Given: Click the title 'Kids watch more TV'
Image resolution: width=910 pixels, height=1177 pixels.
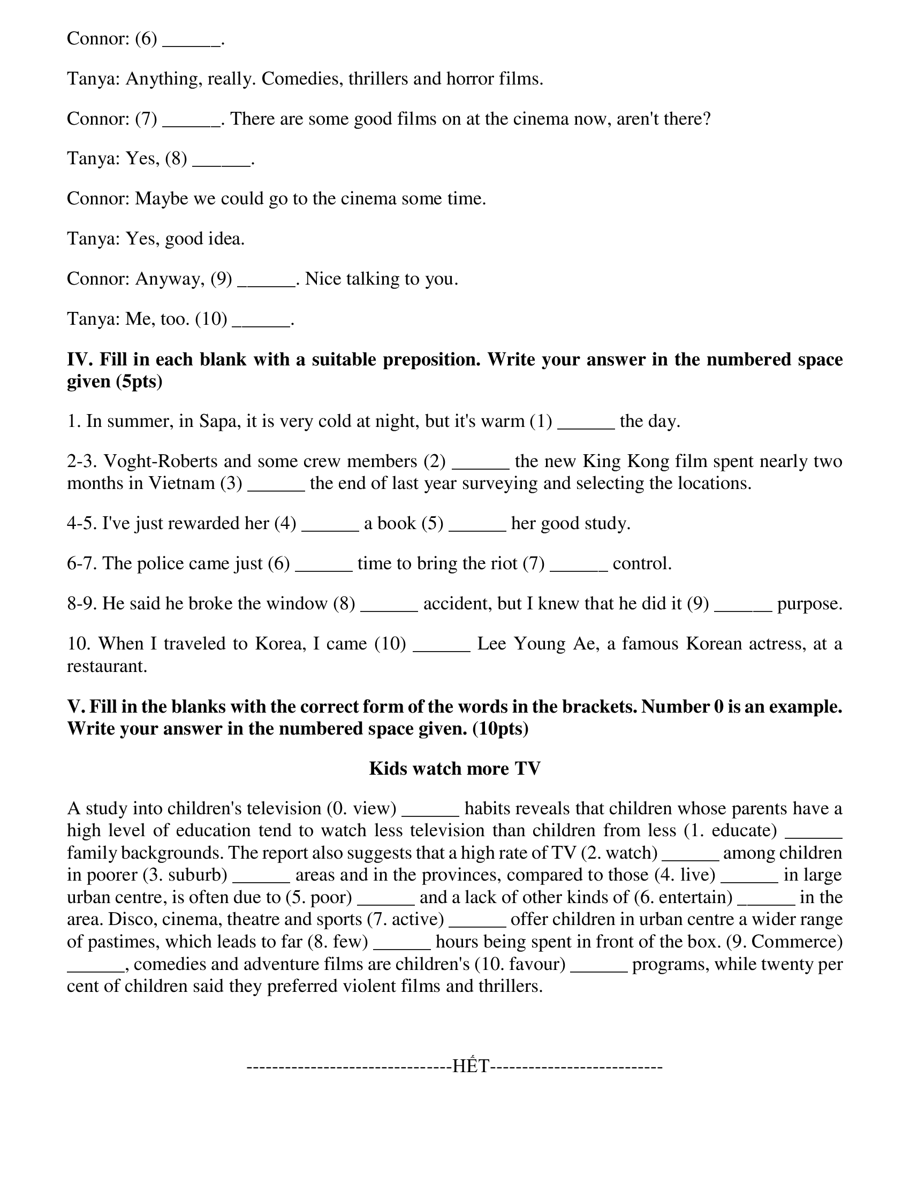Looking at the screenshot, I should click(x=454, y=768).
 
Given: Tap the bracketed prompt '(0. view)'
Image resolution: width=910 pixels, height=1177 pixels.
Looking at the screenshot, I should click(x=362, y=808).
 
